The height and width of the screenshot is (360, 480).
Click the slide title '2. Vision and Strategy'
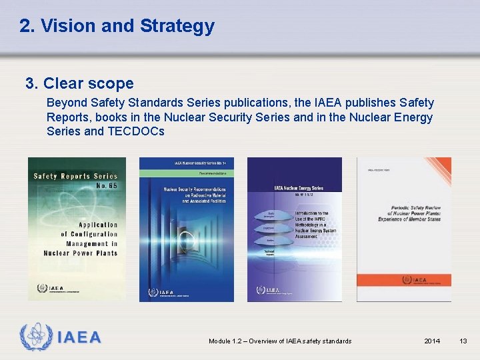(117, 26)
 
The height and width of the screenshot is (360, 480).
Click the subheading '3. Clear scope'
(79, 83)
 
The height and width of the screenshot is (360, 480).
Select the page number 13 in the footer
(463, 341)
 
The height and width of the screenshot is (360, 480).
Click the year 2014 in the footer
(432, 341)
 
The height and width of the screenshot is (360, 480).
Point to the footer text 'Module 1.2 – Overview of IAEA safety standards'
(280, 341)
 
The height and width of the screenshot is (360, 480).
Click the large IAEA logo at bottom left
(61, 337)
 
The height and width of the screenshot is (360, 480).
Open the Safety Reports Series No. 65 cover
(76, 229)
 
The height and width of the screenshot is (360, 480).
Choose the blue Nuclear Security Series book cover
(186, 229)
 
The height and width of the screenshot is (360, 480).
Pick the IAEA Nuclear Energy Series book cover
(295, 229)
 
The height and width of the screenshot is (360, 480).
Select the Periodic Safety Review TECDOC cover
(404, 229)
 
